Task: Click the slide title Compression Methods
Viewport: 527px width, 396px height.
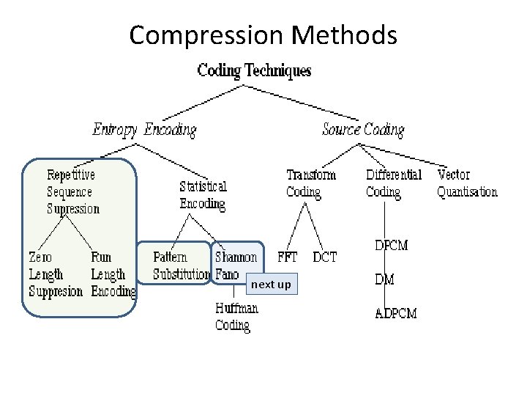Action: pyautogui.click(x=263, y=34)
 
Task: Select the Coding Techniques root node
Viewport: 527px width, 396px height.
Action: pyautogui.click(x=254, y=71)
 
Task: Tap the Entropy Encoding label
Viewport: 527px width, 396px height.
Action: pyautogui.click(x=144, y=131)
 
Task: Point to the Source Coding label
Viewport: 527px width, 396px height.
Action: pyautogui.click(x=363, y=131)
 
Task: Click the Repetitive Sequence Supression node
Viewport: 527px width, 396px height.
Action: pyautogui.click(x=72, y=191)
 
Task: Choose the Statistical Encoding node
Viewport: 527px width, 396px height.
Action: pyautogui.click(x=203, y=195)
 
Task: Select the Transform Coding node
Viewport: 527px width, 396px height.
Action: pyautogui.click(x=310, y=183)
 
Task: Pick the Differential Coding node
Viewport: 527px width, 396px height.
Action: pyautogui.click(x=393, y=183)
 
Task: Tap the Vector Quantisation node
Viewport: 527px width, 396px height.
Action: pyautogui.click(x=466, y=183)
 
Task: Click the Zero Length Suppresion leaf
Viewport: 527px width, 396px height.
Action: pyautogui.click(x=56, y=274)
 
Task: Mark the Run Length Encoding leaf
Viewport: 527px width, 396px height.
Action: pyautogui.click(x=113, y=274)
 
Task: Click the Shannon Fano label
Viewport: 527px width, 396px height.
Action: pyautogui.click(x=236, y=265)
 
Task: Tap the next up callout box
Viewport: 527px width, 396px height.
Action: pyautogui.click(x=271, y=285)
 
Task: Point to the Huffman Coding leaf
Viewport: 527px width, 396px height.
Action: pyautogui.click(x=236, y=317)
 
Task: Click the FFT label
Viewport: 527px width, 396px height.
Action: pyautogui.click(x=287, y=257)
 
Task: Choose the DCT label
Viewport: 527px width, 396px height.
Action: pyautogui.click(x=324, y=257)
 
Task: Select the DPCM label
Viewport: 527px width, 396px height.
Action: pyautogui.click(x=391, y=246)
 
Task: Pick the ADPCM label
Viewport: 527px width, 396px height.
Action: pyautogui.click(x=396, y=313)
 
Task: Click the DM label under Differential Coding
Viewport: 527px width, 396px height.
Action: pyautogui.click(x=385, y=279)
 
